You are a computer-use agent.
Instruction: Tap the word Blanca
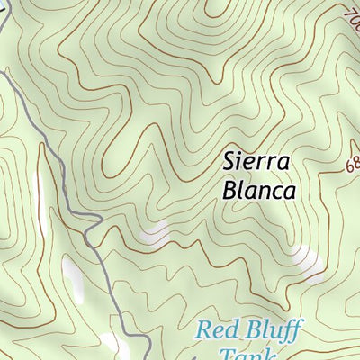coord(257,191)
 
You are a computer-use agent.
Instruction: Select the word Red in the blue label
coord(216,329)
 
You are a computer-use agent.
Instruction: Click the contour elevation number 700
coord(351,16)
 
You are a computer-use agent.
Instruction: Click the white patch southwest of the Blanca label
coord(155,234)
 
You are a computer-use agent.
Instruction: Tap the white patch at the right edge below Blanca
coord(310,266)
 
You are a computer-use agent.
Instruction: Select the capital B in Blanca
coord(228,191)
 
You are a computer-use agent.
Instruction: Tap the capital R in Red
coord(203,329)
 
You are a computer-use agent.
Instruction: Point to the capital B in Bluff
coord(252,328)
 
